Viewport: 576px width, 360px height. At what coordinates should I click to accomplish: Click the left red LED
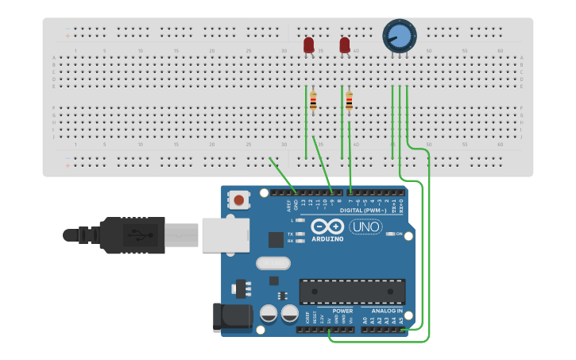[309, 45]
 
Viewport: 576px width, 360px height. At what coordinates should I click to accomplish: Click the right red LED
[345, 45]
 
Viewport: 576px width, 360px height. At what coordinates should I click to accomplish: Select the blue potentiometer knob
[399, 35]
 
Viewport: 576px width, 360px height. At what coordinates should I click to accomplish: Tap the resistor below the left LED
[313, 101]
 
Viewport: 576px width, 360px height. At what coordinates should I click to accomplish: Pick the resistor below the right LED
[349, 101]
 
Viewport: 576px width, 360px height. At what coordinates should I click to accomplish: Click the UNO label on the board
[366, 226]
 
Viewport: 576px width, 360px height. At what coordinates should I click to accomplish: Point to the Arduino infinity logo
[327, 226]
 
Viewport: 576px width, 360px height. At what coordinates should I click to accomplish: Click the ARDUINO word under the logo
[327, 238]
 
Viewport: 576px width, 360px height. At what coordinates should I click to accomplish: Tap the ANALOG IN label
[388, 311]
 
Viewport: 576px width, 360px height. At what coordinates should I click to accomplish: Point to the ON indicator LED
[391, 234]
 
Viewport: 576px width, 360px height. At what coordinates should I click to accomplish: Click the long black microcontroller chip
[352, 292]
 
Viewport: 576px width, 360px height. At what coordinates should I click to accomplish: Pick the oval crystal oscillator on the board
[274, 263]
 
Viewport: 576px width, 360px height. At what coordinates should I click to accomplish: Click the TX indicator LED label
[291, 234]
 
